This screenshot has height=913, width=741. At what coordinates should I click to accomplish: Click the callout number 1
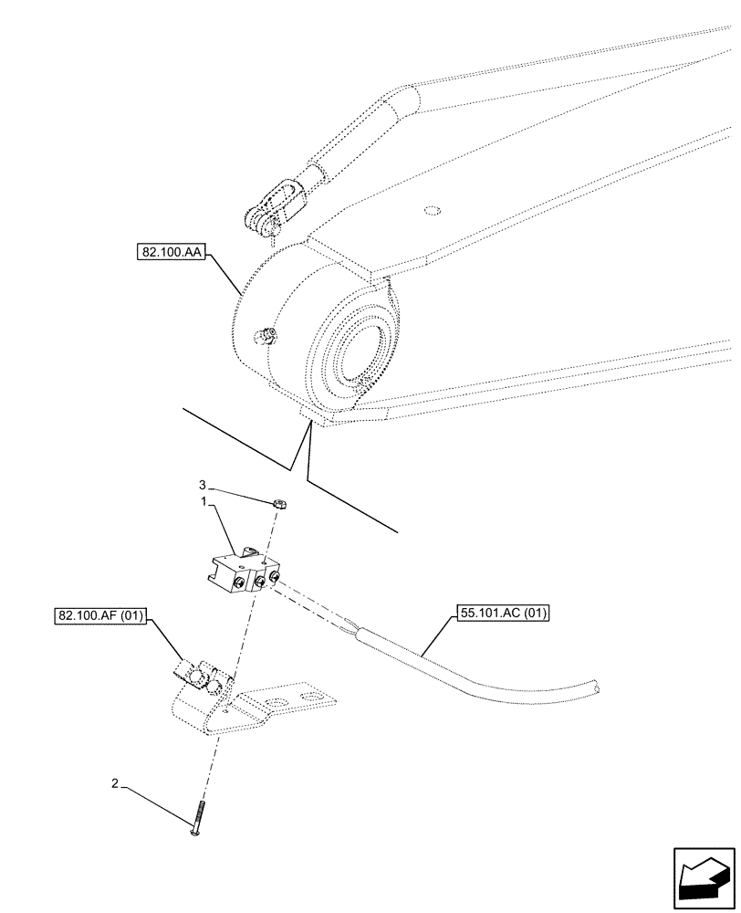(x=207, y=502)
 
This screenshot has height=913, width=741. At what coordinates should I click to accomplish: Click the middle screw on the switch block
(x=259, y=581)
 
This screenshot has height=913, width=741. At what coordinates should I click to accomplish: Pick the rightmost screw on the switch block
(x=272, y=576)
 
